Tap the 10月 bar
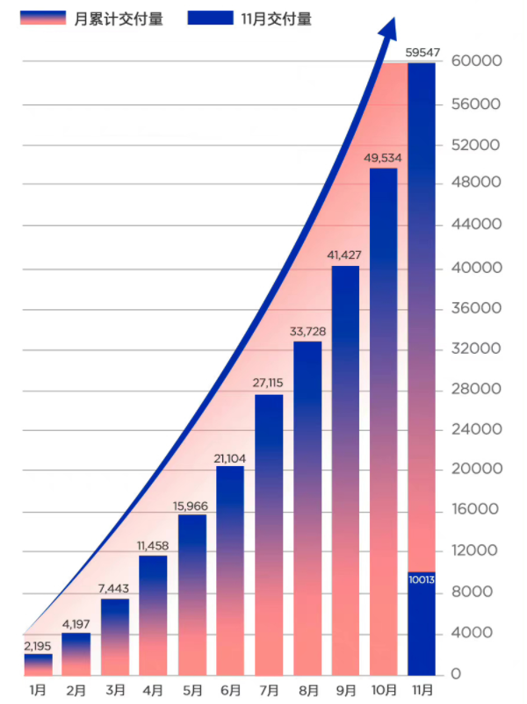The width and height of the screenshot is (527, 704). (384, 421)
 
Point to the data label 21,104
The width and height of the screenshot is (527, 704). (230, 457)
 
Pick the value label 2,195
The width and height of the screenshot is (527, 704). (38, 646)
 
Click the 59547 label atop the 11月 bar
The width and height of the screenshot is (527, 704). (422, 53)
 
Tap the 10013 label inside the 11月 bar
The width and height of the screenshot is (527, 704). (422, 579)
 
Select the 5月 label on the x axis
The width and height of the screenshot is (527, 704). (191, 690)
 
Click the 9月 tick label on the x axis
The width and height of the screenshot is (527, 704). (345, 690)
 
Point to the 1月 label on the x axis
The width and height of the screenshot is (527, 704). (38, 690)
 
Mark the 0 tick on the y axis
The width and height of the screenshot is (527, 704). (457, 674)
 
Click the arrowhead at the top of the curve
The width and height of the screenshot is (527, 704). (386, 31)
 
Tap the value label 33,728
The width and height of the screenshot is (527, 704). (307, 331)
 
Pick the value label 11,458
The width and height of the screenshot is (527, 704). (153, 546)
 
